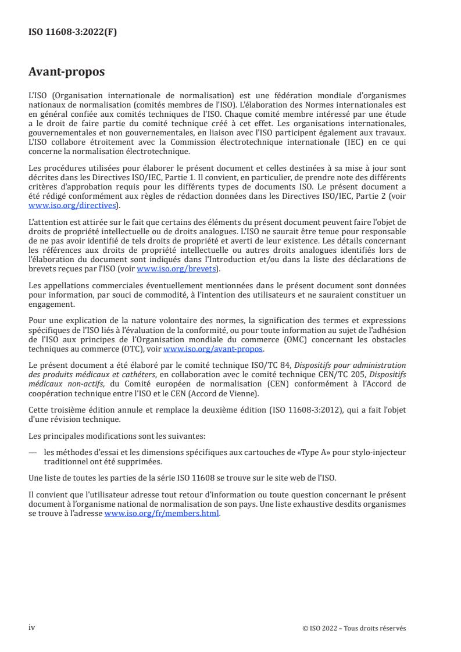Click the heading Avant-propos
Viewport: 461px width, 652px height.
pos(67,72)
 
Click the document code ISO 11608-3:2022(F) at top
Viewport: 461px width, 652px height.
pos(73,33)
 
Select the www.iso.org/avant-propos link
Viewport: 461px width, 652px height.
pos(213,349)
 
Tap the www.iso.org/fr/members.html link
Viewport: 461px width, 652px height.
pos(162,514)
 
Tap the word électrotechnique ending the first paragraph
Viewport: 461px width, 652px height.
pos(154,152)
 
